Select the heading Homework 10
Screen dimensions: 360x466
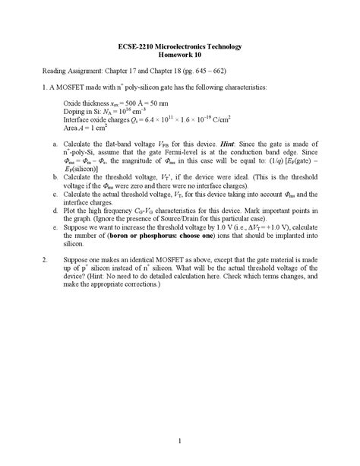tap(180, 55)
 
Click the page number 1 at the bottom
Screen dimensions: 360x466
tap(179, 441)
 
